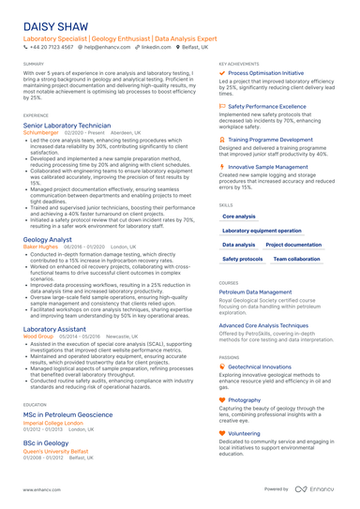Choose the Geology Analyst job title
(48, 240)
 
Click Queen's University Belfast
(59, 450)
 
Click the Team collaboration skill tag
(296, 259)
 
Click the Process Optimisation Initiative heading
(266, 72)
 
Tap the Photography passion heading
(245, 400)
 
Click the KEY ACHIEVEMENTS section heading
(240, 64)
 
